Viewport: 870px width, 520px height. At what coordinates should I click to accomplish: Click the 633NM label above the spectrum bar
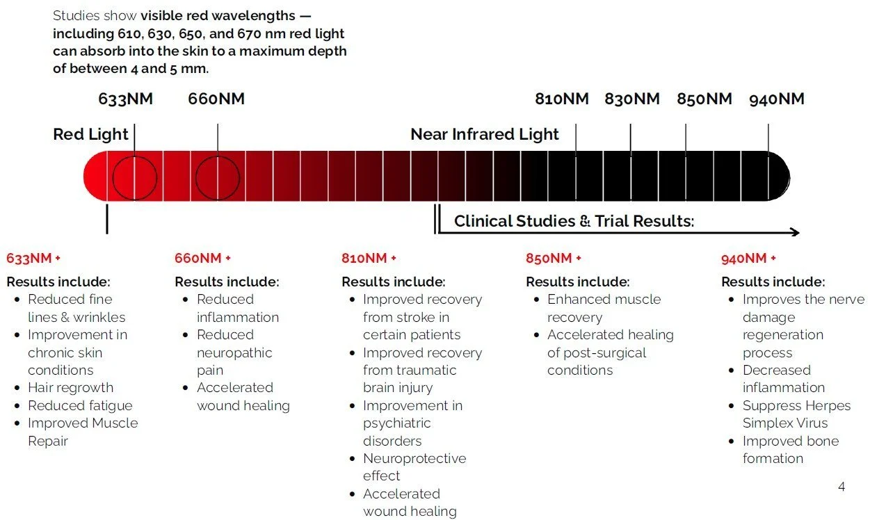tap(125, 99)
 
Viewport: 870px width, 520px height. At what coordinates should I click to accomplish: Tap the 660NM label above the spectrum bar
tap(216, 99)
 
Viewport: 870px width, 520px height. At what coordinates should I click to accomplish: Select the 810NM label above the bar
tap(562, 99)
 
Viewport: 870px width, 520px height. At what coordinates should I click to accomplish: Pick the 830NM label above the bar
tap(631, 99)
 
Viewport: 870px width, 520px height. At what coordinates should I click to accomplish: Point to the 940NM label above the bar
tap(777, 99)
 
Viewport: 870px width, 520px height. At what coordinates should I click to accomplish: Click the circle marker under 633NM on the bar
tap(134, 178)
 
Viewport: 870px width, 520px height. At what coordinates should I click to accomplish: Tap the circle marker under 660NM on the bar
tap(218, 178)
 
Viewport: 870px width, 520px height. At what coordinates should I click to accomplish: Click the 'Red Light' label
tap(90, 134)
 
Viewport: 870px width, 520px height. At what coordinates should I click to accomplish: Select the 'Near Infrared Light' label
tap(485, 134)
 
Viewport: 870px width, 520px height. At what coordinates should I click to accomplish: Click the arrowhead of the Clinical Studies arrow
tap(795, 233)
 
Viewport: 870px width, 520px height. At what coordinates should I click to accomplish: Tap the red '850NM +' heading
tap(554, 259)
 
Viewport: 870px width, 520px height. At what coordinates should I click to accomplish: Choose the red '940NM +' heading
tap(748, 259)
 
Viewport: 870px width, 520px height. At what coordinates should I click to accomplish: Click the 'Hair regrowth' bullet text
tap(70, 387)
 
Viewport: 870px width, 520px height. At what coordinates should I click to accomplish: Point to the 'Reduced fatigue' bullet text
tap(80, 405)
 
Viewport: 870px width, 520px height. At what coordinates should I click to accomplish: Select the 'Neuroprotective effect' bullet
tap(414, 467)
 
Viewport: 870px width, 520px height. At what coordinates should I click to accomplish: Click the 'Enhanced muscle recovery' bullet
tap(604, 308)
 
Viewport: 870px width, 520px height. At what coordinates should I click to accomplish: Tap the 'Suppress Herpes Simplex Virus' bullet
tap(796, 414)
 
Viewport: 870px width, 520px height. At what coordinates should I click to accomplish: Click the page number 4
tap(841, 487)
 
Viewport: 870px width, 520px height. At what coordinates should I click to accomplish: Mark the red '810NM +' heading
tap(369, 259)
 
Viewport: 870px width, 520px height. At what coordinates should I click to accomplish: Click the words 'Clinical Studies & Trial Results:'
tap(574, 221)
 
